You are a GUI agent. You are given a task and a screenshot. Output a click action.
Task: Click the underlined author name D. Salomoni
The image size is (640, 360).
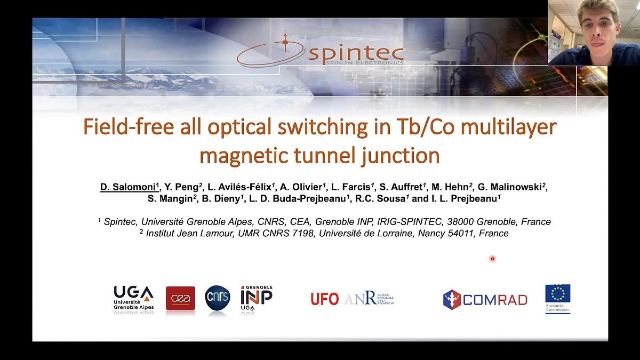click(128, 187)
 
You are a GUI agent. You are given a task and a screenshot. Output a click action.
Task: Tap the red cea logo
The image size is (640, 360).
click(180, 298)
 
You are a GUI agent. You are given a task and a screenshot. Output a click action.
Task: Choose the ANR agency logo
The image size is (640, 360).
click(368, 299)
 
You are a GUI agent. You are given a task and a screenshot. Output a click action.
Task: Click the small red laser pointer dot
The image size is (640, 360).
click(492, 259)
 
